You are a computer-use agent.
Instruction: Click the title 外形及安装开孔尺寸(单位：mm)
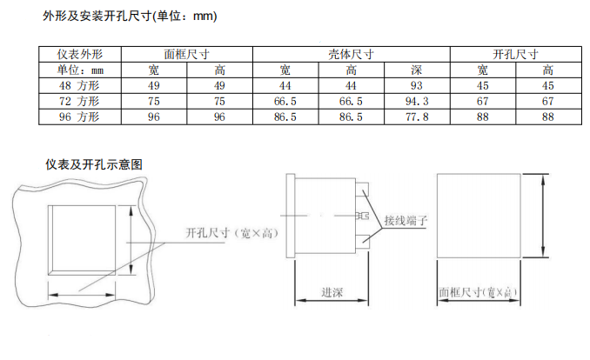[x=130, y=17]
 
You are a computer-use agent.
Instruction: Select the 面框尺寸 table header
[x=186, y=54]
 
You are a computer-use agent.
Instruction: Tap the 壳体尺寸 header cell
[x=351, y=54]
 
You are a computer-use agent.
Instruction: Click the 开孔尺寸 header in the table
[x=515, y=54]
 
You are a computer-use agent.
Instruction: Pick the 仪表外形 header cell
[x=80, y=54]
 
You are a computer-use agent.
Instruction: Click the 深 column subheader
[x=417, y=70]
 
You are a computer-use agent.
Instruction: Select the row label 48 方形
[x=79, y=86]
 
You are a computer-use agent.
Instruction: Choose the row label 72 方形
[x=79, y=101]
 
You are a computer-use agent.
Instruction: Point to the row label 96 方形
[x=79, y=117]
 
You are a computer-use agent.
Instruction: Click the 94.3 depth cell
[x=417, y=101]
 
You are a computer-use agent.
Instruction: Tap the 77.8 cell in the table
[x=417, y=117]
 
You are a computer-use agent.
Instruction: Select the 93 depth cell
[x=417, y=86]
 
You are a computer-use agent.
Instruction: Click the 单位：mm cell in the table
[x=80, y=70]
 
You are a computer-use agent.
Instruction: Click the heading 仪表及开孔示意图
[x=94, y=164]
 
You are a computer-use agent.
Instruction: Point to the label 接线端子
[x=406, y=221]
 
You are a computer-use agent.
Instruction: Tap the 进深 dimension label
[x=332, y=292]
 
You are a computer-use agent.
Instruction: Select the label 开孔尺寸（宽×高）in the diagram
[x=232, y=233]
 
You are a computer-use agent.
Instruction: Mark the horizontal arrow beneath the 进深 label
[x=332, y=301]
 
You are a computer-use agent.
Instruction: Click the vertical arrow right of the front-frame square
[x=543, y=216]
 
